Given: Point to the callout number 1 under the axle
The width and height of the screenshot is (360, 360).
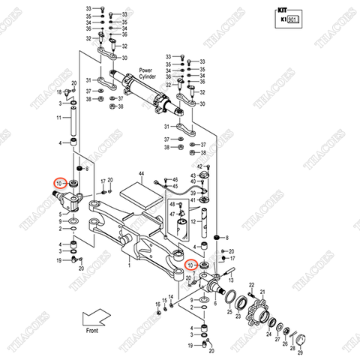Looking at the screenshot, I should (128, 263).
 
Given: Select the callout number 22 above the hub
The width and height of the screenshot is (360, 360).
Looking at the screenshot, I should (252, 285).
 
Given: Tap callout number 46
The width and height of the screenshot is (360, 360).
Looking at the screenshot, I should (175, 180).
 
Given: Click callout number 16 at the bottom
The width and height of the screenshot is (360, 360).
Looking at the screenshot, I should (158, 304).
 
